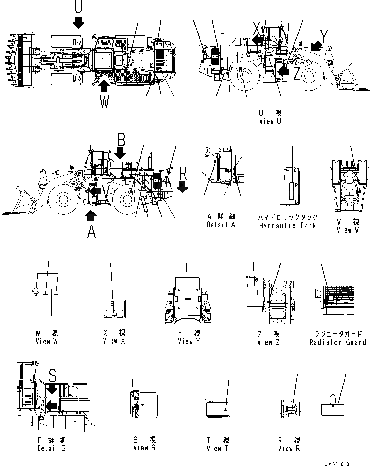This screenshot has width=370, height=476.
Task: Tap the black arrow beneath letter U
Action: click(78, 22)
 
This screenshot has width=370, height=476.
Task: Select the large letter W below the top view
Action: click(105, 102)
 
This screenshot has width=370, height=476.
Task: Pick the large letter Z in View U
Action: click(296, 75)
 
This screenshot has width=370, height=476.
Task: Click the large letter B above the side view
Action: click(120, 140)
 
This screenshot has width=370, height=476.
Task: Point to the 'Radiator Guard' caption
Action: click(337, 342)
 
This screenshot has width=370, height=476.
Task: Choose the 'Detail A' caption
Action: click(221, 225)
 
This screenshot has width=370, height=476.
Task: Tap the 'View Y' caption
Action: click(185, 342)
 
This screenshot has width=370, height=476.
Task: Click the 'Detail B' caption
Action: click(51, 448)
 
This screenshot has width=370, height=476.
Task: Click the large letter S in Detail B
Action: click(53, 377)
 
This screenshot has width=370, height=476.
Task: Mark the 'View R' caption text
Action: click(289, 449)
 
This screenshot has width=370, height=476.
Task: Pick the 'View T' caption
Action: click(218, 449)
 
